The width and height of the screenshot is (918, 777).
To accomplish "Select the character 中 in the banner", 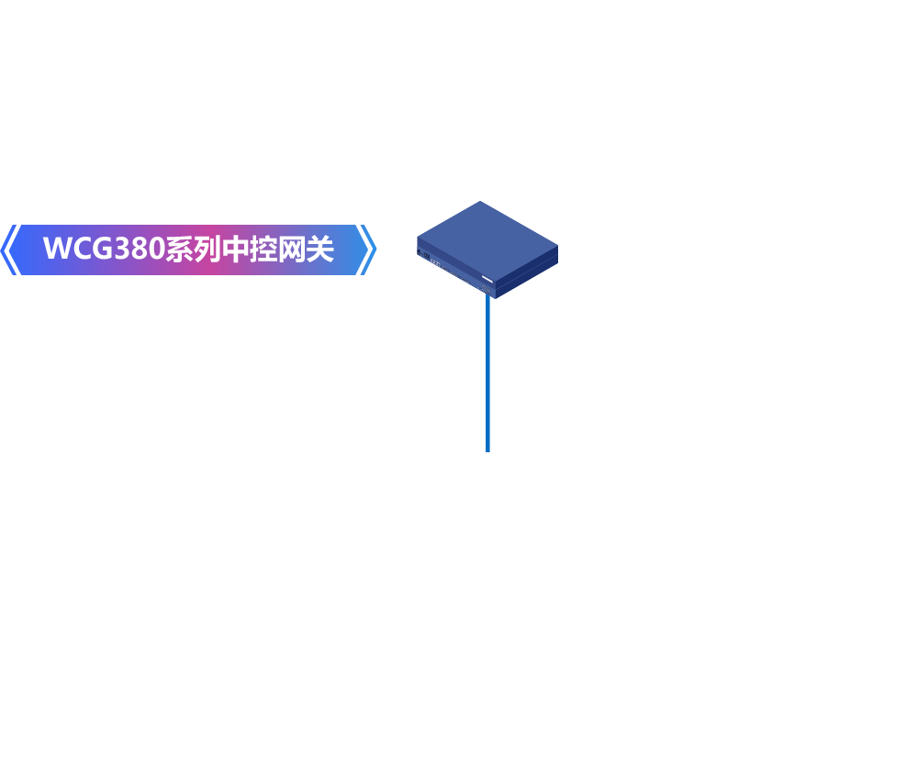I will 236,249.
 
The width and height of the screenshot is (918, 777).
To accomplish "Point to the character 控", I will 264,249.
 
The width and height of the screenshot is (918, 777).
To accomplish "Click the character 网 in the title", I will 292,249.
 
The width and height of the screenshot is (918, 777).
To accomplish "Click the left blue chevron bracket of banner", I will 9,250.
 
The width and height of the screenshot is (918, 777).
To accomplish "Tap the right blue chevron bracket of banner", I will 367,250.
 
